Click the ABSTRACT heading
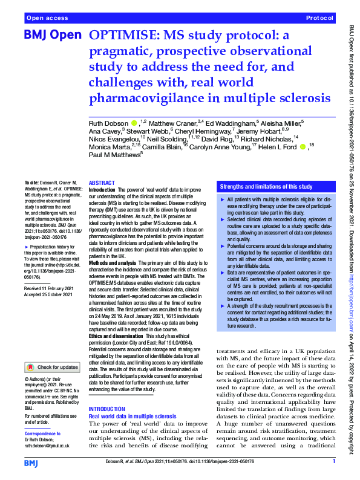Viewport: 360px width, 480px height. (x=102, y=183)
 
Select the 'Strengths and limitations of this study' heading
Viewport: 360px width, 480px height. (x=267, y=187)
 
